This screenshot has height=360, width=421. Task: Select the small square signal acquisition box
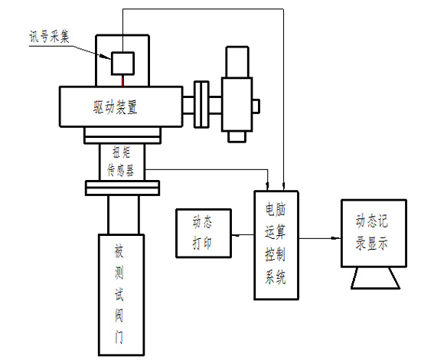point(122,61)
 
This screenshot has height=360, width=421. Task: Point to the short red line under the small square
point(122,79)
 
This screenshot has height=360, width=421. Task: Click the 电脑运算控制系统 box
point(276,244)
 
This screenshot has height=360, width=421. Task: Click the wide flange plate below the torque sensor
point(122,188)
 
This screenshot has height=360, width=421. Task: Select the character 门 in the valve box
point(119,337)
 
